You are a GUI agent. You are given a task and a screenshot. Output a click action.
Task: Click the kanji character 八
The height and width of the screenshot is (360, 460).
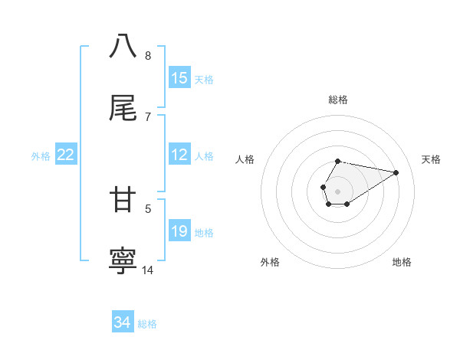123,46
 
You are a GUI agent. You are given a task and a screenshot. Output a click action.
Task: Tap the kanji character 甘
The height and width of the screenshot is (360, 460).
123,200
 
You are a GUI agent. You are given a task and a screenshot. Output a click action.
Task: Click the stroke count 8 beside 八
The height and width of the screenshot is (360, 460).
148,56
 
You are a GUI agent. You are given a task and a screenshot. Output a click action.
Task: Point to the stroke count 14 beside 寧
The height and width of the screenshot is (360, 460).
148,270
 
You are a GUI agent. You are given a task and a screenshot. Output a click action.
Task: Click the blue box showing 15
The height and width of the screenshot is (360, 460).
179,78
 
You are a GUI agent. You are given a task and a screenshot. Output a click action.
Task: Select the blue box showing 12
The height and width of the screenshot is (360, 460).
179,155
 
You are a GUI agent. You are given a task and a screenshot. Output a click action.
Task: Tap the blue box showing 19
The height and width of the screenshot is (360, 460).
179,231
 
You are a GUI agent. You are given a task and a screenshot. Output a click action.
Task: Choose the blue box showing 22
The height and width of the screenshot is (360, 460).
66,155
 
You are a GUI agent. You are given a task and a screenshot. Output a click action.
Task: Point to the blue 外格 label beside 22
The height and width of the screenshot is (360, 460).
41,155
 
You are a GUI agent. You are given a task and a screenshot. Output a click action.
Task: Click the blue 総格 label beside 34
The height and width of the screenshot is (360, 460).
147,324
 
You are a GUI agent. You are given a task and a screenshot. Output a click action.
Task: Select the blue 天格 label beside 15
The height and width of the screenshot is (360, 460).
204,79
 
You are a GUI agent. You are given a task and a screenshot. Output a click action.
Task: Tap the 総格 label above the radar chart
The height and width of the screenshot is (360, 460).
338,100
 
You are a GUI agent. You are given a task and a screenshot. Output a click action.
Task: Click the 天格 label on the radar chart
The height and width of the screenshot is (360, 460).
431,159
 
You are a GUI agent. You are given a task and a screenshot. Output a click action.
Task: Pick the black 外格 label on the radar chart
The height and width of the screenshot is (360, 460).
270,262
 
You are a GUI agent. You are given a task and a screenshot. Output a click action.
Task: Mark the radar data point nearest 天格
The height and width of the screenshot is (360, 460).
396,172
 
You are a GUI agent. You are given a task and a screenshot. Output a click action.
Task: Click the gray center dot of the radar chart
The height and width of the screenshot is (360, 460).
338,191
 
